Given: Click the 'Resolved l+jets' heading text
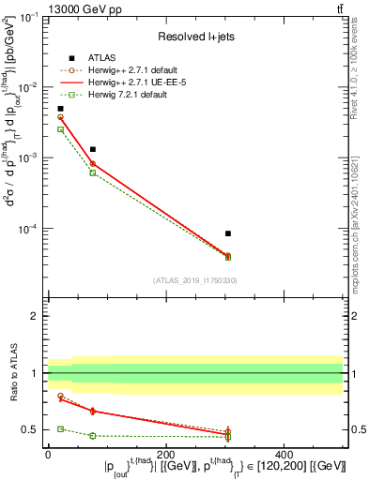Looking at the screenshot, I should tap(194, 36).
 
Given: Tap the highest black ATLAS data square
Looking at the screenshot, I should tap(60, 109).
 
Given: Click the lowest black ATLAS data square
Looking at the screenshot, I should tap(228, 233).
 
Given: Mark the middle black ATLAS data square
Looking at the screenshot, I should tap(92, 149).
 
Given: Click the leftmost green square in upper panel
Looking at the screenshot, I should tap(60, 129).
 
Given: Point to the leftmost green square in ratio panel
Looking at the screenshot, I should tap(60, 428).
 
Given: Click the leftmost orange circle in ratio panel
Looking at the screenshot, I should tap(60, 396).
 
